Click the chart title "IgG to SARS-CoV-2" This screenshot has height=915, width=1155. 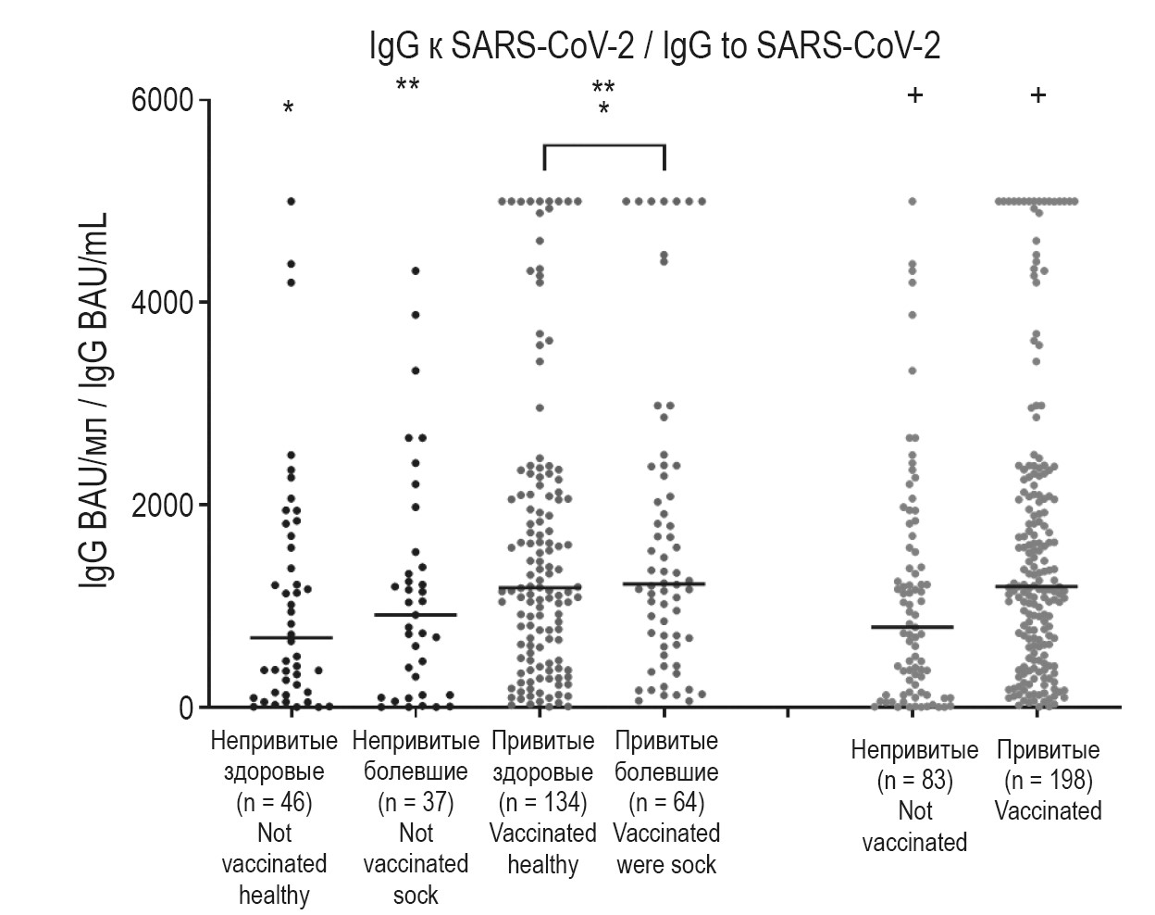pyautogui.click(x=654, y=46)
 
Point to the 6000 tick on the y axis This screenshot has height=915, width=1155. pyautogui.click(x=168, y=100)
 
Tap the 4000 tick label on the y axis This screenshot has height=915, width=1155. pyautogui.click(x=168, y=303)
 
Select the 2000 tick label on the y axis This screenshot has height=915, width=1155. pyautogui.click(x=168, y=506)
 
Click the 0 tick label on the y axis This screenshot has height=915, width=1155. pyautogui.click(x=186, y=708)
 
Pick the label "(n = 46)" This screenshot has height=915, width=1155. pyautogui.click(x=274, y=802)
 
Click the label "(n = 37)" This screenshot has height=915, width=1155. pyautogui.click(x=416, y=802)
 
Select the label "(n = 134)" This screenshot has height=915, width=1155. pyautogui.click(x=543, y=802)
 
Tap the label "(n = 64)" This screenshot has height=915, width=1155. pyautogui.click(x=666, y=802)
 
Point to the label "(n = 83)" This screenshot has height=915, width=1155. pyautogui.click(x=914, y=781)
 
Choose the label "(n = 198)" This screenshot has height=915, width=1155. pyautogui.click(x=1049, y=781)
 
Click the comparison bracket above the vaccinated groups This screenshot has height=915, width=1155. pyautogui.click(x=603, y=145)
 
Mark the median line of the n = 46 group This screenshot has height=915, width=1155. pyautogui.click(x=292, y=637)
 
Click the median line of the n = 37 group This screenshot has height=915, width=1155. pyautogui.click(x=416, y=614)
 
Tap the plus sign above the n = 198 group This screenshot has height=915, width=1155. pyautogui.click(x=1038, y=94)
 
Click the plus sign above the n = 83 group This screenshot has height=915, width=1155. pyautogui.click(x=914, y=94)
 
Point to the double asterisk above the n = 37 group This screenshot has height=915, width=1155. pyautogui.click(x=407, y=86)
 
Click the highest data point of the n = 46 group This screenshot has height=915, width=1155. pyautogui.click(x=291, y=201)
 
